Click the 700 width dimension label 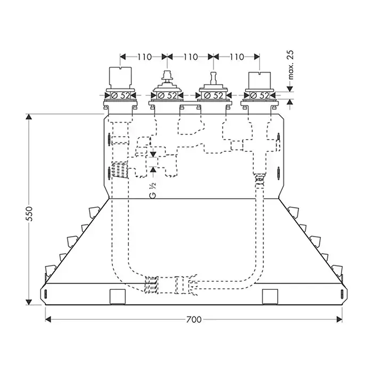[193, 320]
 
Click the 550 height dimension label [29, 214]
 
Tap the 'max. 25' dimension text [290, 64]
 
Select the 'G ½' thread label [153, 190]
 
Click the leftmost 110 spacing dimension [144, 57]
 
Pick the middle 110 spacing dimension [191, 57]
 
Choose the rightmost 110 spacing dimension [237, 57]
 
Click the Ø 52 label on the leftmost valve [120, 95]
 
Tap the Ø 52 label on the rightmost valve [260, 95]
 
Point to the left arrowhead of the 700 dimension [48, 319]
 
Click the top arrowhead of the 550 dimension [29, 117]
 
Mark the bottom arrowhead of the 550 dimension [29, 302]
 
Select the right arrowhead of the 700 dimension [339, 319]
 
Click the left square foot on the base [118, 297]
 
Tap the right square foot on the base [270, 297]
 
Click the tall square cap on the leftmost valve [120, 78]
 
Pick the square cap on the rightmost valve [260, 80]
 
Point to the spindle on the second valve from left [167, 77]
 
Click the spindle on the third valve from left [213, 78]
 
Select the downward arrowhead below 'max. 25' [289, 89]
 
